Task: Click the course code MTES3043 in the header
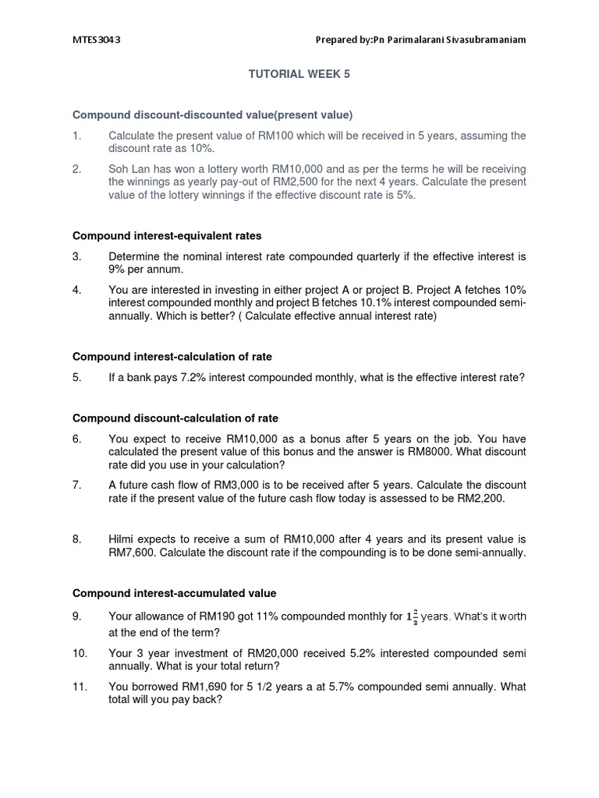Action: (x=96, y=40)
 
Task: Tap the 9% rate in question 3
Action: (x=119, y=269)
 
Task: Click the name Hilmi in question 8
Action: (x=123, y=539)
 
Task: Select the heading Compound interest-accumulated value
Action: (x=174, y=593)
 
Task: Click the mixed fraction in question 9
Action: (x=412, y=617)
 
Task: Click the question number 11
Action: (x=79, y=687)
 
